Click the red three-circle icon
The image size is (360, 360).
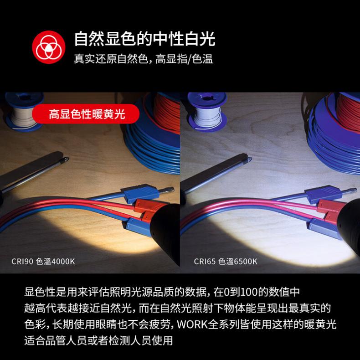click(x=49, y=47)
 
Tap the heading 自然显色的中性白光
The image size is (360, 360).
click(x=144, y=39)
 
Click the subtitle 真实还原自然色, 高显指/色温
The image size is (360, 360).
click(x=143, y=59)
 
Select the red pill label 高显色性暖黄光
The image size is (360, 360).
click(x=86, y=114)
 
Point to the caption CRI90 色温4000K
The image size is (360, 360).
click(x=43, y=261)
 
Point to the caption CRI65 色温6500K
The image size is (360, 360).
click(x=226, y=261)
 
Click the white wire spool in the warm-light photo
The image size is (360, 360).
click(x=24, y=112)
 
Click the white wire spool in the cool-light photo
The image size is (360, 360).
click(x=207, y=112)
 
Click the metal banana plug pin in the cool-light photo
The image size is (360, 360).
click(x=349, y=191)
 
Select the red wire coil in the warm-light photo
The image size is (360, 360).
click(x=167, y=113)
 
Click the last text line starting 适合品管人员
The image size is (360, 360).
click(x=98, y=340)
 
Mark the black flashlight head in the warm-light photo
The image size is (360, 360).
click(x=166, y=230)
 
